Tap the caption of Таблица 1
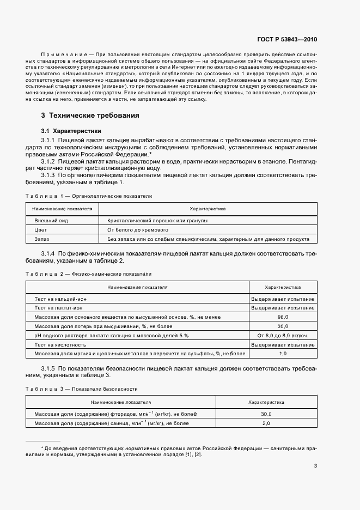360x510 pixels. (89, 196)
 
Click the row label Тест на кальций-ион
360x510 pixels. (60, 299)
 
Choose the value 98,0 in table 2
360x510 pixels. (282, 317)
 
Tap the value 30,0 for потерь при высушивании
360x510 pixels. (282, 326)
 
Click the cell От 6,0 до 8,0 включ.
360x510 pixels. (282, 335)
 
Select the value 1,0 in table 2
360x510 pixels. (282, 354)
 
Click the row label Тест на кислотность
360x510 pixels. (60, 344)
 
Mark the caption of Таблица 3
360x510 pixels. (82, 388)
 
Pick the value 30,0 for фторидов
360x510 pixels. (266, 414)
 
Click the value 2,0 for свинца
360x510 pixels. (266, 423)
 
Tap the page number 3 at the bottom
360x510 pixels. (316, 465)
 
